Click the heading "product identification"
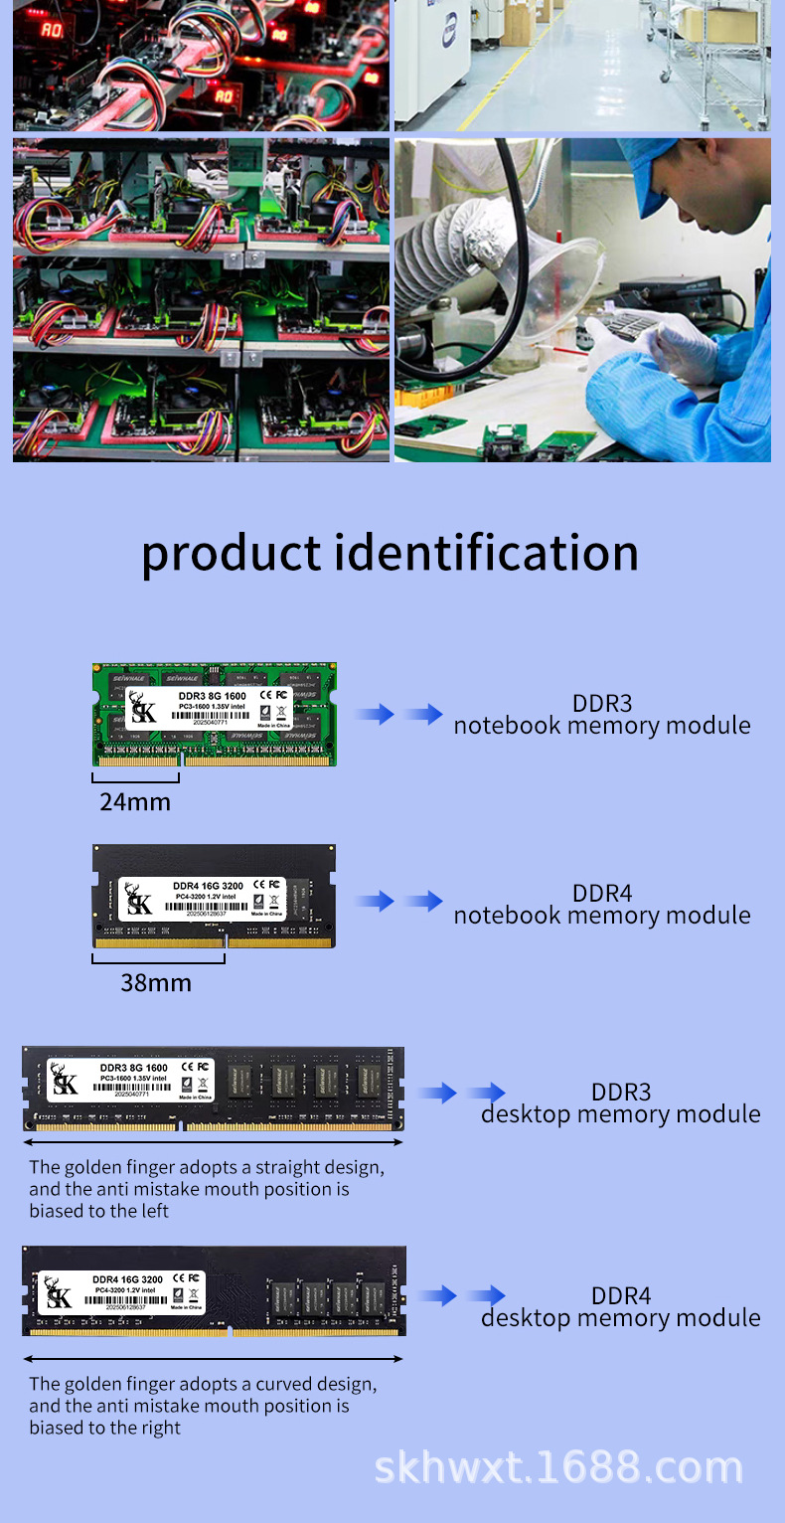[x=390, y=553]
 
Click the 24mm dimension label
[x=135, y=801]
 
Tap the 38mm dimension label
[x=156, y=983]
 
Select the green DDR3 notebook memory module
[x=215, y=715]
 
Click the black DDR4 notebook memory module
[x=214, y=897]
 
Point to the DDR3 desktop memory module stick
[x=213, y=1089]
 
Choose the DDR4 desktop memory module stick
[x=214, y=1290]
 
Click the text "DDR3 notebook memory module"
[x=602, y=715]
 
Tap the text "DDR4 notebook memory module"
[x=602, y=904]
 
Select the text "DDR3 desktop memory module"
[x=621, y=1103]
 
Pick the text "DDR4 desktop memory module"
[x=621, y=1307]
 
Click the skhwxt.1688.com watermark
[x=558, y=1468]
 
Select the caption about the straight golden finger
[x=207, y=1189]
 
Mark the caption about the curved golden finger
[x=203, y=1406]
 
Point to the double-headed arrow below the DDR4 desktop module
[x=214, y=1358]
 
